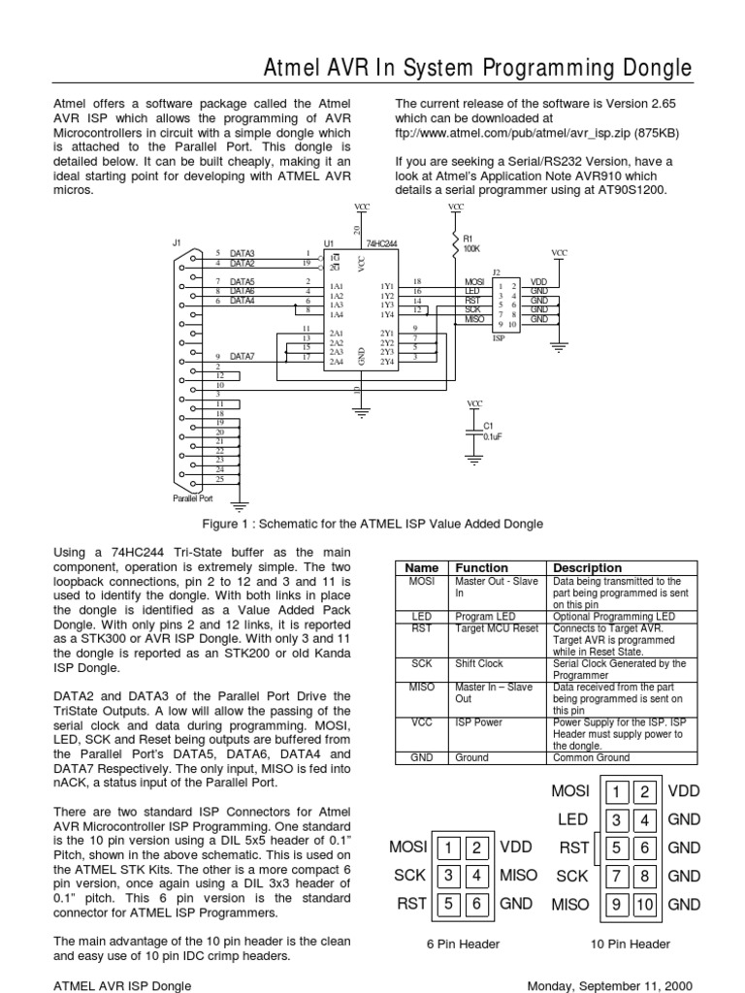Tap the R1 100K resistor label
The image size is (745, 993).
point(471,243)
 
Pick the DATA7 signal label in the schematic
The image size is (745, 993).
point(241,356)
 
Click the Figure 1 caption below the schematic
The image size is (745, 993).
point(372,524)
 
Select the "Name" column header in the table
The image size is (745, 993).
point(422,567)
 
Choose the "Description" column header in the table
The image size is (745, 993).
point(587,567)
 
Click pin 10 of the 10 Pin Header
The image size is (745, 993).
point(646,904)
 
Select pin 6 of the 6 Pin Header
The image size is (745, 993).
point(477,904)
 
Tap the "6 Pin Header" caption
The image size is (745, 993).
point(465,944)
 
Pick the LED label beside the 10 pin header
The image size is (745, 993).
point(573,820)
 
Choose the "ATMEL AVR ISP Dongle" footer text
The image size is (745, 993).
point(121,984)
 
